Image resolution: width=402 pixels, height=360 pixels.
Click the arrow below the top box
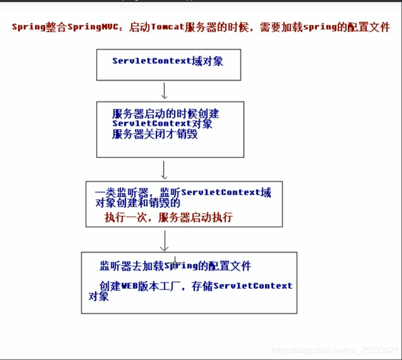click(164, 90)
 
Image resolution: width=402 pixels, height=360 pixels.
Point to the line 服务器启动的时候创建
click(169, 113)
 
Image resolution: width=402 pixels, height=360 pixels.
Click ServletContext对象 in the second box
click(162, 124)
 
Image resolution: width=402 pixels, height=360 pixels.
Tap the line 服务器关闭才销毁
click(154, 135)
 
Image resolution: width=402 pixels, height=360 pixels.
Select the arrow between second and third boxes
click(164, 169)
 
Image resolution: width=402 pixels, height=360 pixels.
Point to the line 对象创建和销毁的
click(138, 203)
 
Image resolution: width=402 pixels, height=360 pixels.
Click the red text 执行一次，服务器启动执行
click(169, 217)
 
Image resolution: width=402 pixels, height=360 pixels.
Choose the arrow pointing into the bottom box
click(165, 241)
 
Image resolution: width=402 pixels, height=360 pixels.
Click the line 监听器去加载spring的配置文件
click(175, 266)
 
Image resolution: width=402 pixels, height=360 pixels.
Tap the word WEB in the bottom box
click(130, 286)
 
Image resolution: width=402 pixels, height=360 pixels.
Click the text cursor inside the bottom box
click(175, 263)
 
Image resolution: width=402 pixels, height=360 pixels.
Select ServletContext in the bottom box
click(253, 286)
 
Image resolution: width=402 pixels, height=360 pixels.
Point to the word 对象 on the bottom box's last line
click(98, 297)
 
